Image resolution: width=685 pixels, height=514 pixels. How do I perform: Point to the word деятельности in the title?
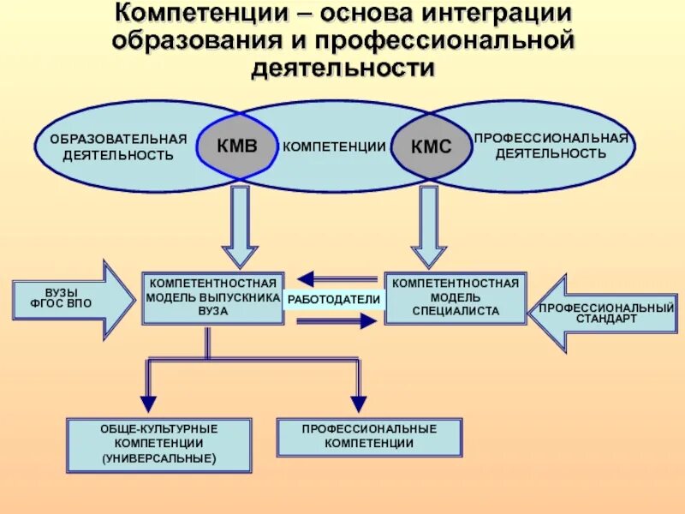[x=342, y=68]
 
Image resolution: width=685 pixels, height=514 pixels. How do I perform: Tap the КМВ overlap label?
[x=238, y=145]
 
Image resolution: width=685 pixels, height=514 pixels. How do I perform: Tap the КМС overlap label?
[x=430, y=146]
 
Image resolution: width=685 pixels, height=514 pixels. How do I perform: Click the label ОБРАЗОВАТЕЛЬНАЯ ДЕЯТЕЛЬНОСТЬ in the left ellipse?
[x=118, y=147]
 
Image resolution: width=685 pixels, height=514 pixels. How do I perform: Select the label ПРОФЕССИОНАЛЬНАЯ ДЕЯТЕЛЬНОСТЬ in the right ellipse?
[x=551, y=146]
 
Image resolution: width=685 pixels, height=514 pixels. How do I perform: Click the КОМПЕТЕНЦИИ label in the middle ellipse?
[x=334, y=146]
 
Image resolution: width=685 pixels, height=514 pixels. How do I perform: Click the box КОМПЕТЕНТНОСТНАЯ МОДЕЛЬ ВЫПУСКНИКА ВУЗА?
[x=212, y=298]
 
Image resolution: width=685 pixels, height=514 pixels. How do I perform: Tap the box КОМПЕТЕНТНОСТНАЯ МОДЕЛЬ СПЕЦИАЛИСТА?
[x=455, y=298]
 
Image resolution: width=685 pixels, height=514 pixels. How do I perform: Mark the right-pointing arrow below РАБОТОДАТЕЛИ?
[x=336, y=320]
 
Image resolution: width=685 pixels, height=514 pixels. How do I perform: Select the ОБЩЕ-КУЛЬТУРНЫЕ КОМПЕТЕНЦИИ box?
[x=159, y=445]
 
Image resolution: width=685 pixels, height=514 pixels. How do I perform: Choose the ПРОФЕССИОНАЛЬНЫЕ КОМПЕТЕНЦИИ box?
[x=369, y=436]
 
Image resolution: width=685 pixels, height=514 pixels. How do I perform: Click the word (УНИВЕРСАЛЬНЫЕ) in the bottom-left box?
[x=159, y=459]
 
